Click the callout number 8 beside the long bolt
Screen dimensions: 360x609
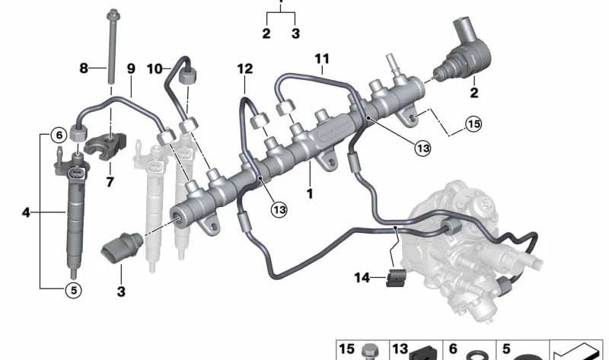[x=84, y=68]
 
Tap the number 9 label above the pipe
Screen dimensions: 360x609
[x=131, y=68]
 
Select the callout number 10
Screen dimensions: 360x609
[x=152, y=68]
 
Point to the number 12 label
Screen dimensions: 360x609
[x=244, y=68]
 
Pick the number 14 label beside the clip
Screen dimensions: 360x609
[x=362, y=279]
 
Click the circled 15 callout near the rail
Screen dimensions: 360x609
[x=473, y=124]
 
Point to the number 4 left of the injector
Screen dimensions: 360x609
[x=26, y=213]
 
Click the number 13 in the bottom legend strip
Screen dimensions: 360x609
[x=400, y=349]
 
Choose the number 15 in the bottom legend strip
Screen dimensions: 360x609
[x=347, y=349]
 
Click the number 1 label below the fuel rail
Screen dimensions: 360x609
[x=310, y=194]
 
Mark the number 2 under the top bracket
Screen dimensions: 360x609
[x=266, y=33]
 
